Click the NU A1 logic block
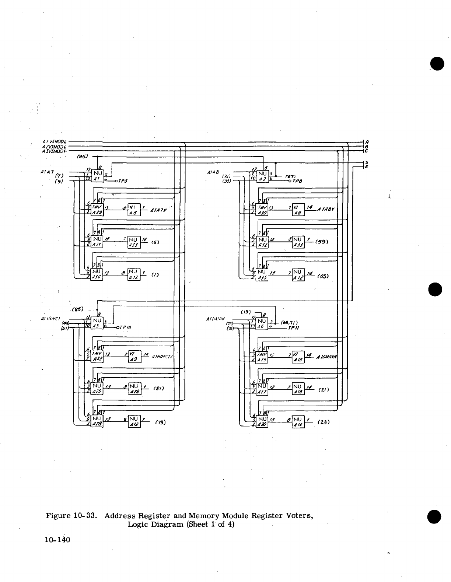tap(97, 176)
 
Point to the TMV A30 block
tap(263, 210)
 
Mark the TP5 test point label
tap(123, 181)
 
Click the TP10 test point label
tap(125, 327)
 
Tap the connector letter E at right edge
tap(367, 167)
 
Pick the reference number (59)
tap(321, 242)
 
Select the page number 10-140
tap(57, 540)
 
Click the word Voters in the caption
tap(300, 515)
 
